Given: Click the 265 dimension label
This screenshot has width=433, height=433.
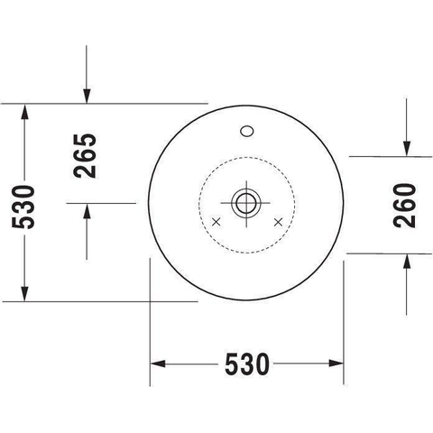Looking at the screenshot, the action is (85, 156).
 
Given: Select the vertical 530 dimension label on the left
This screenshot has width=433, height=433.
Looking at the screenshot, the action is (23, 207).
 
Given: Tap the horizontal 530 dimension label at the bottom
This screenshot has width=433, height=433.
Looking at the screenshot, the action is (247, 364).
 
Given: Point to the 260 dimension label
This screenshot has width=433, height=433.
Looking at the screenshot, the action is (404, 206).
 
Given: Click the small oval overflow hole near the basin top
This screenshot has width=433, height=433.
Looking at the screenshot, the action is (247, 131).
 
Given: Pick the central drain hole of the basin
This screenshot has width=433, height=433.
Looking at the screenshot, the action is (246, 203).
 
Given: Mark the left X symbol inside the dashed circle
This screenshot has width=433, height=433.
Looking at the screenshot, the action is (216, 222).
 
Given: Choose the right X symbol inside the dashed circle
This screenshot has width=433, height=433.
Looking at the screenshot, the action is (279, 222).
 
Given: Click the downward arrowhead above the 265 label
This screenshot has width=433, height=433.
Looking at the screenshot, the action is (87, 97).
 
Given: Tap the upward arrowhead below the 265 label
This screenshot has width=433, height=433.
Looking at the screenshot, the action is (87, 210).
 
